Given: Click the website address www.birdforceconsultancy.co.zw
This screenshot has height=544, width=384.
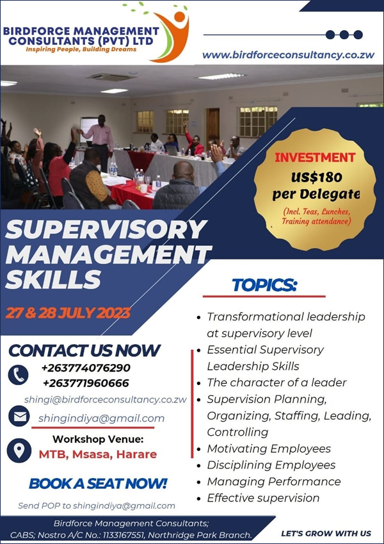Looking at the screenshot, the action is (289, 55).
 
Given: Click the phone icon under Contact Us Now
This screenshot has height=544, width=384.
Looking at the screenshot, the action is (18, 375).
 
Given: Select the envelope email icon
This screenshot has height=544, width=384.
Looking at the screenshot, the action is (19, 416).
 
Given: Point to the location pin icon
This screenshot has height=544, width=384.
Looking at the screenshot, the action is (19, 450).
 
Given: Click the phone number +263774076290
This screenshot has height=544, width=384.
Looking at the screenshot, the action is (86, 367).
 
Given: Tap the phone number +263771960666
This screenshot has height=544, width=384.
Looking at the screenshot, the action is (86, 383).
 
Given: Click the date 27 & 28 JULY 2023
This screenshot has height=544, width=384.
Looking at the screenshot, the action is (68, 313).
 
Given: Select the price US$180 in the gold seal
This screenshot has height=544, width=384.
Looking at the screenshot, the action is (316, 177).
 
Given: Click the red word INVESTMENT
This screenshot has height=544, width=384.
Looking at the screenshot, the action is (315, 158).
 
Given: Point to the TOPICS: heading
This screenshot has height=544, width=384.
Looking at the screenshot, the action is (264, 285).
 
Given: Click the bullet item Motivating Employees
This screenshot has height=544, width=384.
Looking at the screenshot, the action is (269, 449).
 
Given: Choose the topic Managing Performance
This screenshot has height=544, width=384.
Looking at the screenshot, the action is (274, 482).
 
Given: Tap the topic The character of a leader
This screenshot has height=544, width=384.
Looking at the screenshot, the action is (276, 383).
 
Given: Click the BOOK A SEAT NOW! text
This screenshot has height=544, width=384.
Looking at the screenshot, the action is (98, 483).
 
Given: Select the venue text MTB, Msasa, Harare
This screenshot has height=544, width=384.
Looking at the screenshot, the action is (98, 454).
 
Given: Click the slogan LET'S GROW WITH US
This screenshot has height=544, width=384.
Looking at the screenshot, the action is (326, 533).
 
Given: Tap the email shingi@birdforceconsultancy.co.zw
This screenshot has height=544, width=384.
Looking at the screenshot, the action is (106, 399).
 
